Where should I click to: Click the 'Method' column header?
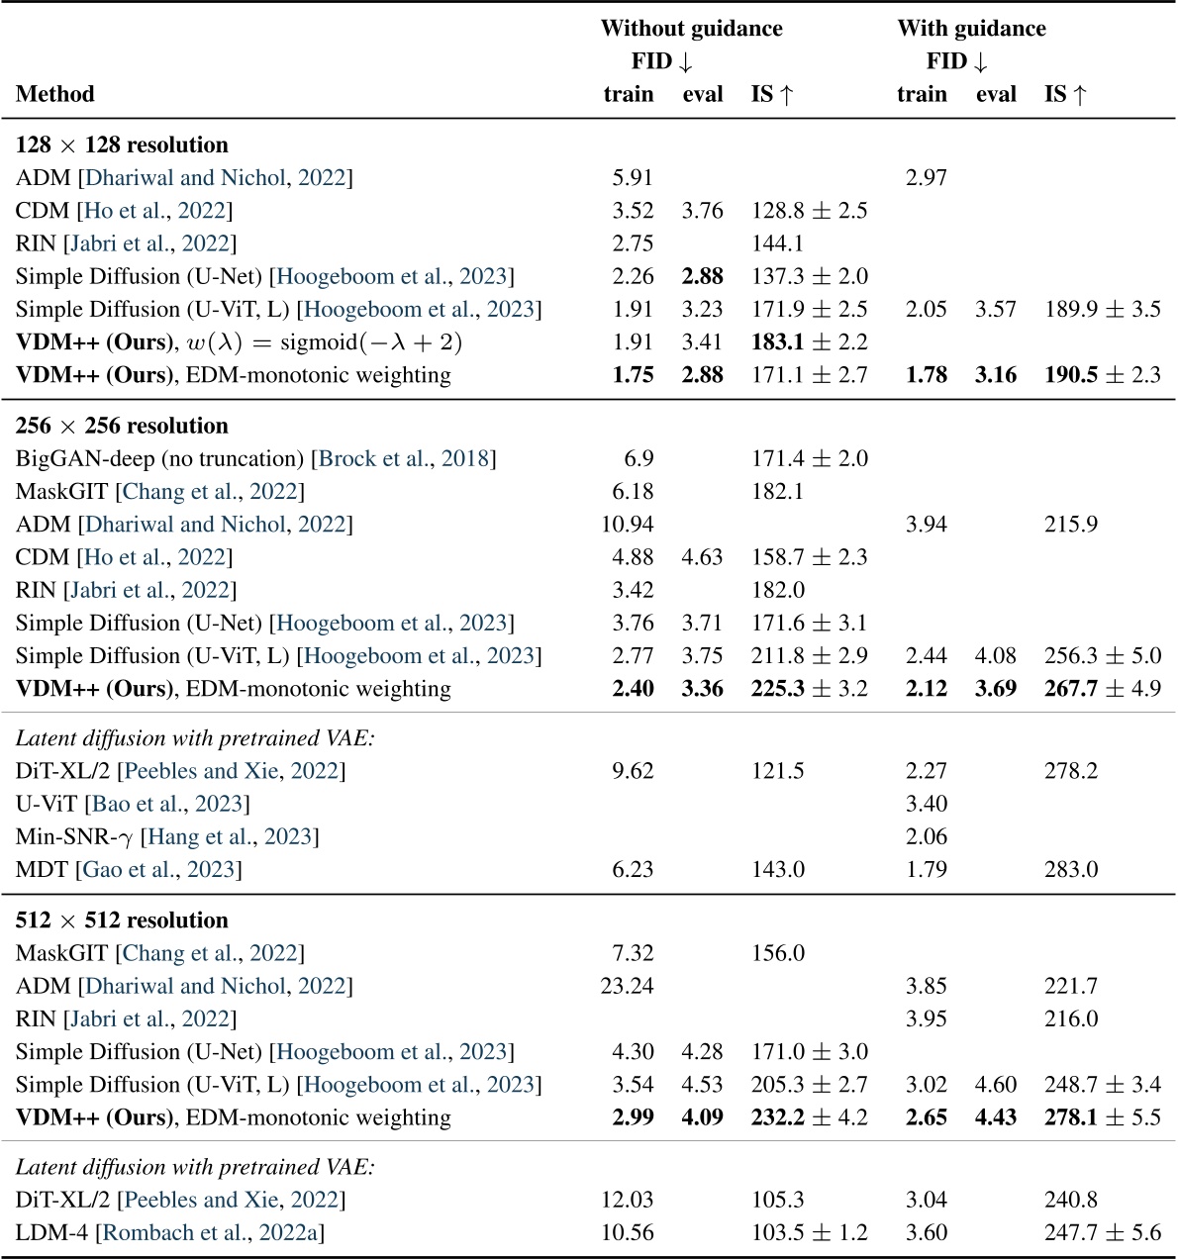coord(55,95)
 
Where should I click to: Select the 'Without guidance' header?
coord(691,29)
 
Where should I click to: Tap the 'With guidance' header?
coord(971,29)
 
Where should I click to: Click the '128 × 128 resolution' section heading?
coord(122,145)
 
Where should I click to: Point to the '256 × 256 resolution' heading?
coord(122,427)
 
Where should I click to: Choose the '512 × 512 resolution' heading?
coord(122,920)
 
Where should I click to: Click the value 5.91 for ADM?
coord(633,178)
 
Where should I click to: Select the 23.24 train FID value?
coord(628,987)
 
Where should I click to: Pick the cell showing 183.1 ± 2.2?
coord(809,342)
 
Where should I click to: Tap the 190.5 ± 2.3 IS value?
coord(1102,375)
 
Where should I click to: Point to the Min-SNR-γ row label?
coord(74,837)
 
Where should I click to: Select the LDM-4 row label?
coord(53,1233)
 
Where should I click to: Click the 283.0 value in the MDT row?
coord(1071,870)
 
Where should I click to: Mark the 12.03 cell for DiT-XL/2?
coord(628,1201)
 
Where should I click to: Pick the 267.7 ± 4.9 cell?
coord(1102,689)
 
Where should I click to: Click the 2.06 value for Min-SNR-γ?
coord(926,837)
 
